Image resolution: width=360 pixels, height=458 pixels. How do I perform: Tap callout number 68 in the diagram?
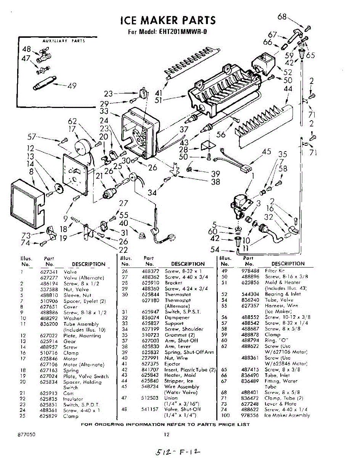(x=282, y=17)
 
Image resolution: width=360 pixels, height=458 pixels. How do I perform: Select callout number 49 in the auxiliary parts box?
(x=72, y=86)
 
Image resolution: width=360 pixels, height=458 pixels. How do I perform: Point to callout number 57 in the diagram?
(x=32, y=136)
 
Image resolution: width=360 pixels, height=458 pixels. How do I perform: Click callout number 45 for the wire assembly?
(x=267, y=152)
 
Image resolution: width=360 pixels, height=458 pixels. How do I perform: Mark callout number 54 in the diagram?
(x=215, y=250)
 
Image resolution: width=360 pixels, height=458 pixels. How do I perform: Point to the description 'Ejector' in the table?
(x=172, y=364)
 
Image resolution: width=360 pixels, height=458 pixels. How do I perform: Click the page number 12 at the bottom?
(x=166, y=434)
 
